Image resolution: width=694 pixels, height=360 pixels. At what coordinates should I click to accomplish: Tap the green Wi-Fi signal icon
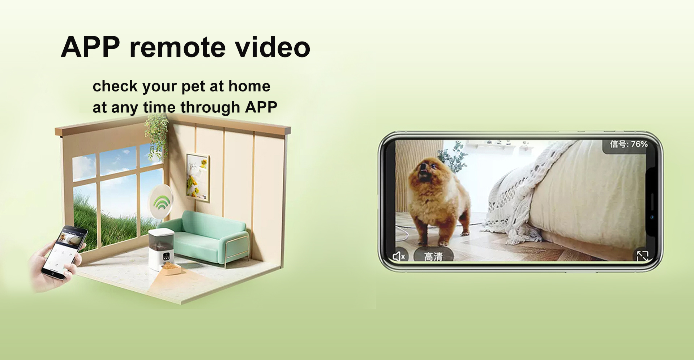tap(162, 202)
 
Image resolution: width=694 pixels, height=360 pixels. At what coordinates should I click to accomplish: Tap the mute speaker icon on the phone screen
tap(399, 256)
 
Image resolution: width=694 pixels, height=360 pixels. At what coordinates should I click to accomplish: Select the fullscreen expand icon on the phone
tap(642, 256)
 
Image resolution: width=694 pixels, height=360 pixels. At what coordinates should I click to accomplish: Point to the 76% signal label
tap(629, 144)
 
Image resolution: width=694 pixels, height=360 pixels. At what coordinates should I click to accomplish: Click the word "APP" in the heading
tap(90, 47)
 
